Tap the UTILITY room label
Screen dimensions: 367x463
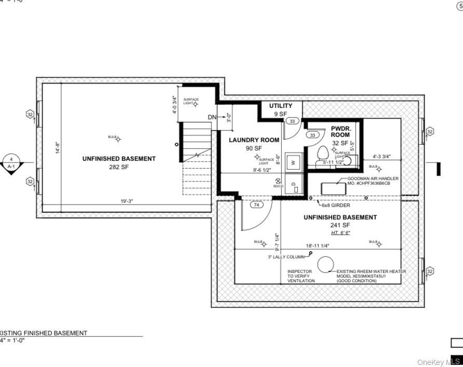click(x=280, y=106)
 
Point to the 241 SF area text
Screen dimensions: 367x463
click(x=340, y=225)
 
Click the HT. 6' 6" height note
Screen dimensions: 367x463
click(x=340, y=233)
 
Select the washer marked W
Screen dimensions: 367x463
click(x=293, y=162)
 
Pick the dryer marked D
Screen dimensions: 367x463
click(x=294, y=184)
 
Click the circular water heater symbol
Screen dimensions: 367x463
click(x=325, y=265)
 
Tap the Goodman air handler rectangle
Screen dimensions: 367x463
click(x=333, y=188)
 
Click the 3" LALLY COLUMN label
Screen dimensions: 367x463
click(x=286, y=257)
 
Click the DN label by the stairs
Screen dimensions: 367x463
click(x=212, y=117)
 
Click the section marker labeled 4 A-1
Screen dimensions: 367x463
click(x=10, y=163)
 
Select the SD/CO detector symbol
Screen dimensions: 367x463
click(x=278, y=182)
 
